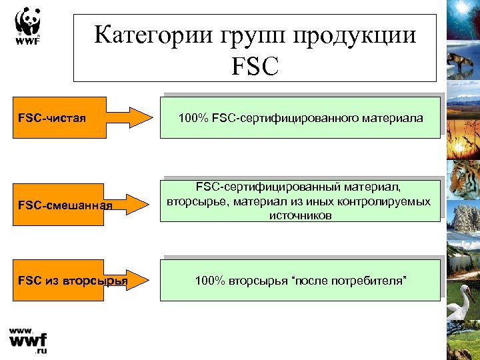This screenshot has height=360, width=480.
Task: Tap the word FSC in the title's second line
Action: coord(255,65)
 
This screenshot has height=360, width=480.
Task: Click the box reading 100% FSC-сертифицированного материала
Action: coord(300,118)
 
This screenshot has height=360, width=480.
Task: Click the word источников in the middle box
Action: coord(300,216)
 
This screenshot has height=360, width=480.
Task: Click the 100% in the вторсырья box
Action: coord(207,281)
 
